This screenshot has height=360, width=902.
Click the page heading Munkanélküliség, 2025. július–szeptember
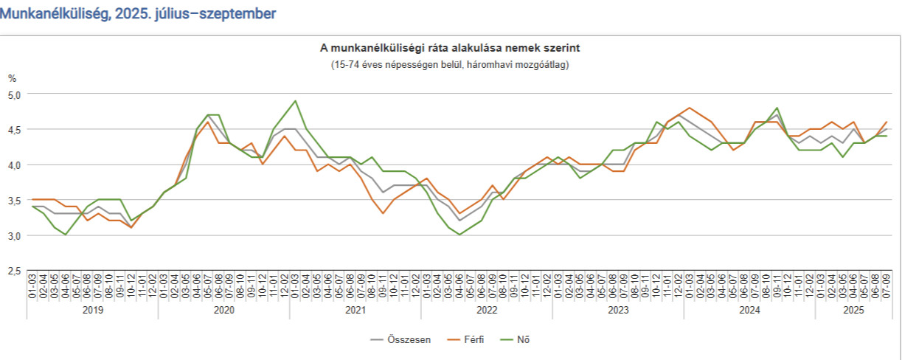click(x=139, y=14)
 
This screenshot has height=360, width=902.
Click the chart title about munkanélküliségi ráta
click(x=450, y=49)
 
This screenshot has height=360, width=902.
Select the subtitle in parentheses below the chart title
click(x=450, y=64)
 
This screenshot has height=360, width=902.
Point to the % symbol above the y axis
click(x=12, y=78)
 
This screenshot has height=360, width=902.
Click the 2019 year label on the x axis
click(x=93, y=311)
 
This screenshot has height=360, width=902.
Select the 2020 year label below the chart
click(x=224, y=311)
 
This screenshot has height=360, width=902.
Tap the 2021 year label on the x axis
click(x=355, y=311)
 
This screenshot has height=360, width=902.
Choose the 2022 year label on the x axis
click(x=487, y=311)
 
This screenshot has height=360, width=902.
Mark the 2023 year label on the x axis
click(x=618, y=311)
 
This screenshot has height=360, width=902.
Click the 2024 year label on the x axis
click(x=749, y=311)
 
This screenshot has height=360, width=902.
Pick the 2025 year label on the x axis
click(x=852, y=311)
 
